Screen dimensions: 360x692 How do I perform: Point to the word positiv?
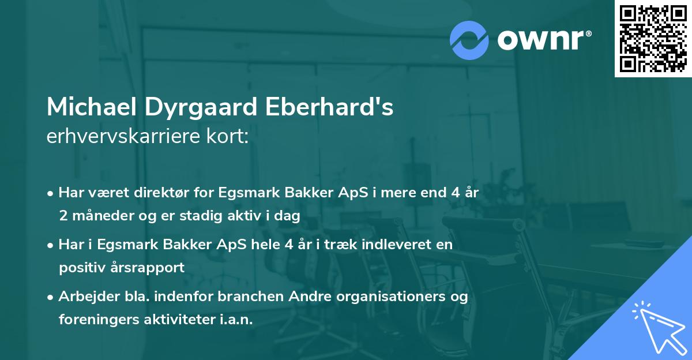(x=80, y=268)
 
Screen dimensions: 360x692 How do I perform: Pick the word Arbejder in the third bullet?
(x=84, y=297)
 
